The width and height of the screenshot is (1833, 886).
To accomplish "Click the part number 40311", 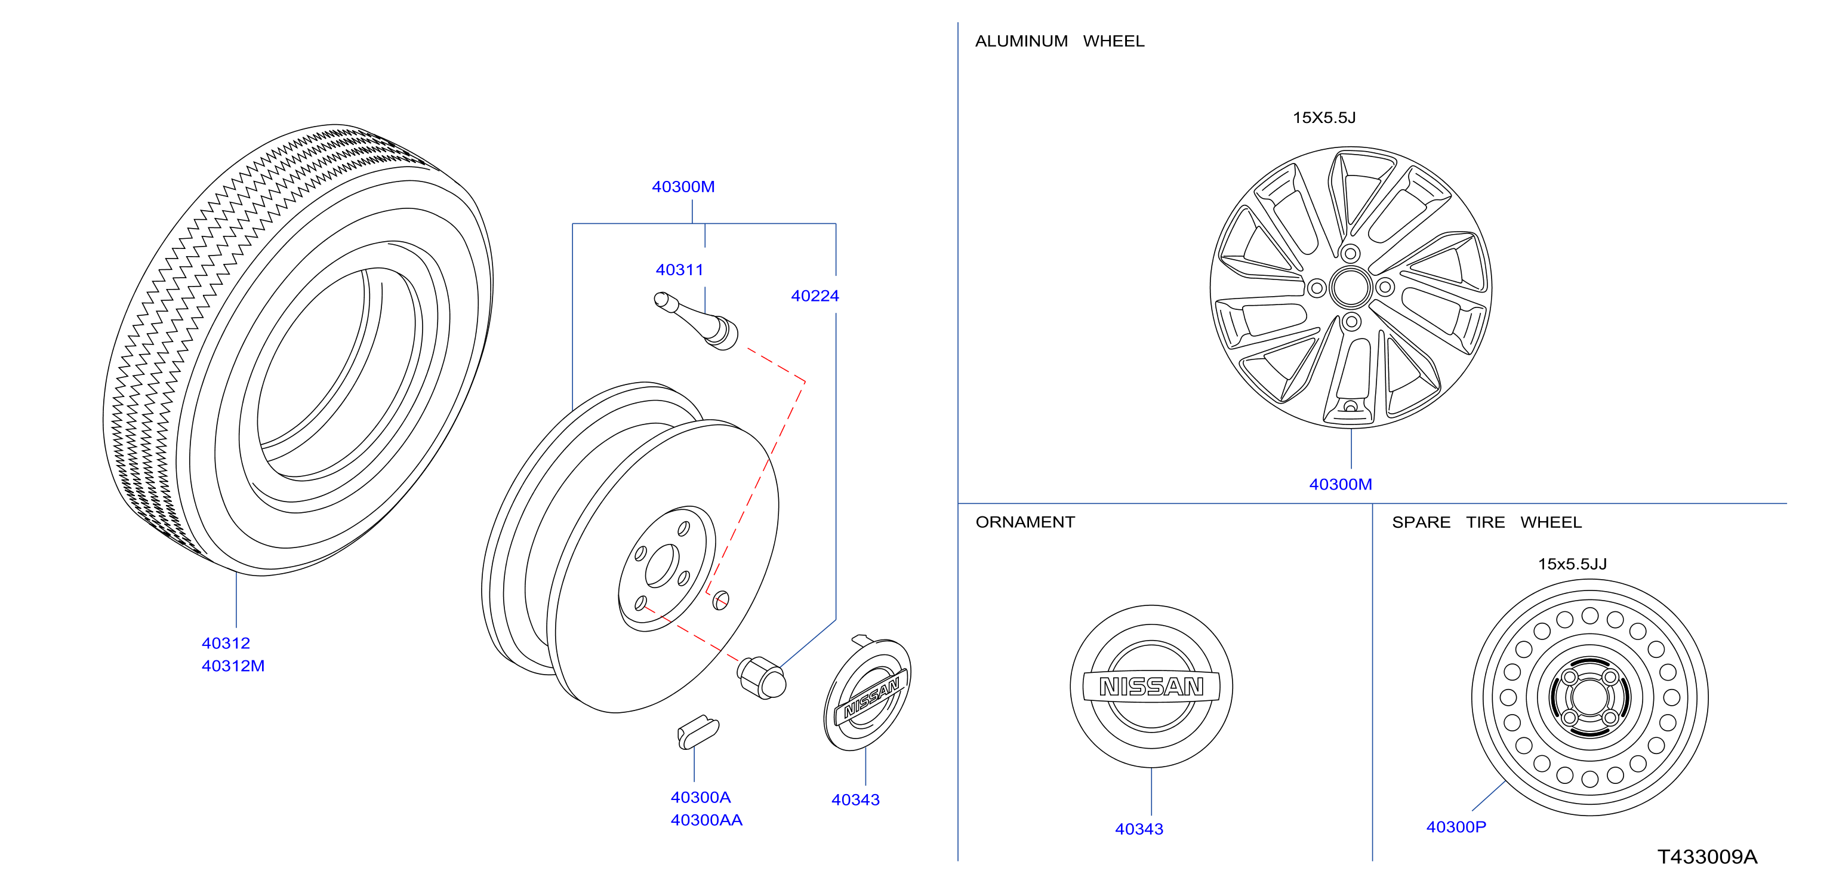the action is click(x=680, y=270).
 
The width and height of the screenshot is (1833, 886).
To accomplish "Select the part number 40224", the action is click(x=815, y=296).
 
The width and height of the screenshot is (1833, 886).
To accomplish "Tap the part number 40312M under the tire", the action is click(x=233, y=666).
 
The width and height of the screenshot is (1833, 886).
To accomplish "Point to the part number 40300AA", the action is click(x=706, y=820).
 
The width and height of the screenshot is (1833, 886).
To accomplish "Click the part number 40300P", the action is click(x=1456, y=827).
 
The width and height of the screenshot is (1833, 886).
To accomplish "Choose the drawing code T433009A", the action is click(x=1707, y=857).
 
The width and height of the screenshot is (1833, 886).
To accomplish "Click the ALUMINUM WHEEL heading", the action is click(x=1059, y=41).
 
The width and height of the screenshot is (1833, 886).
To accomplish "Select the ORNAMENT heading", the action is click(x=1025, y=522).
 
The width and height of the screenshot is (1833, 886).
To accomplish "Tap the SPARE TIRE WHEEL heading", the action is click(x=1486, y=522).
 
